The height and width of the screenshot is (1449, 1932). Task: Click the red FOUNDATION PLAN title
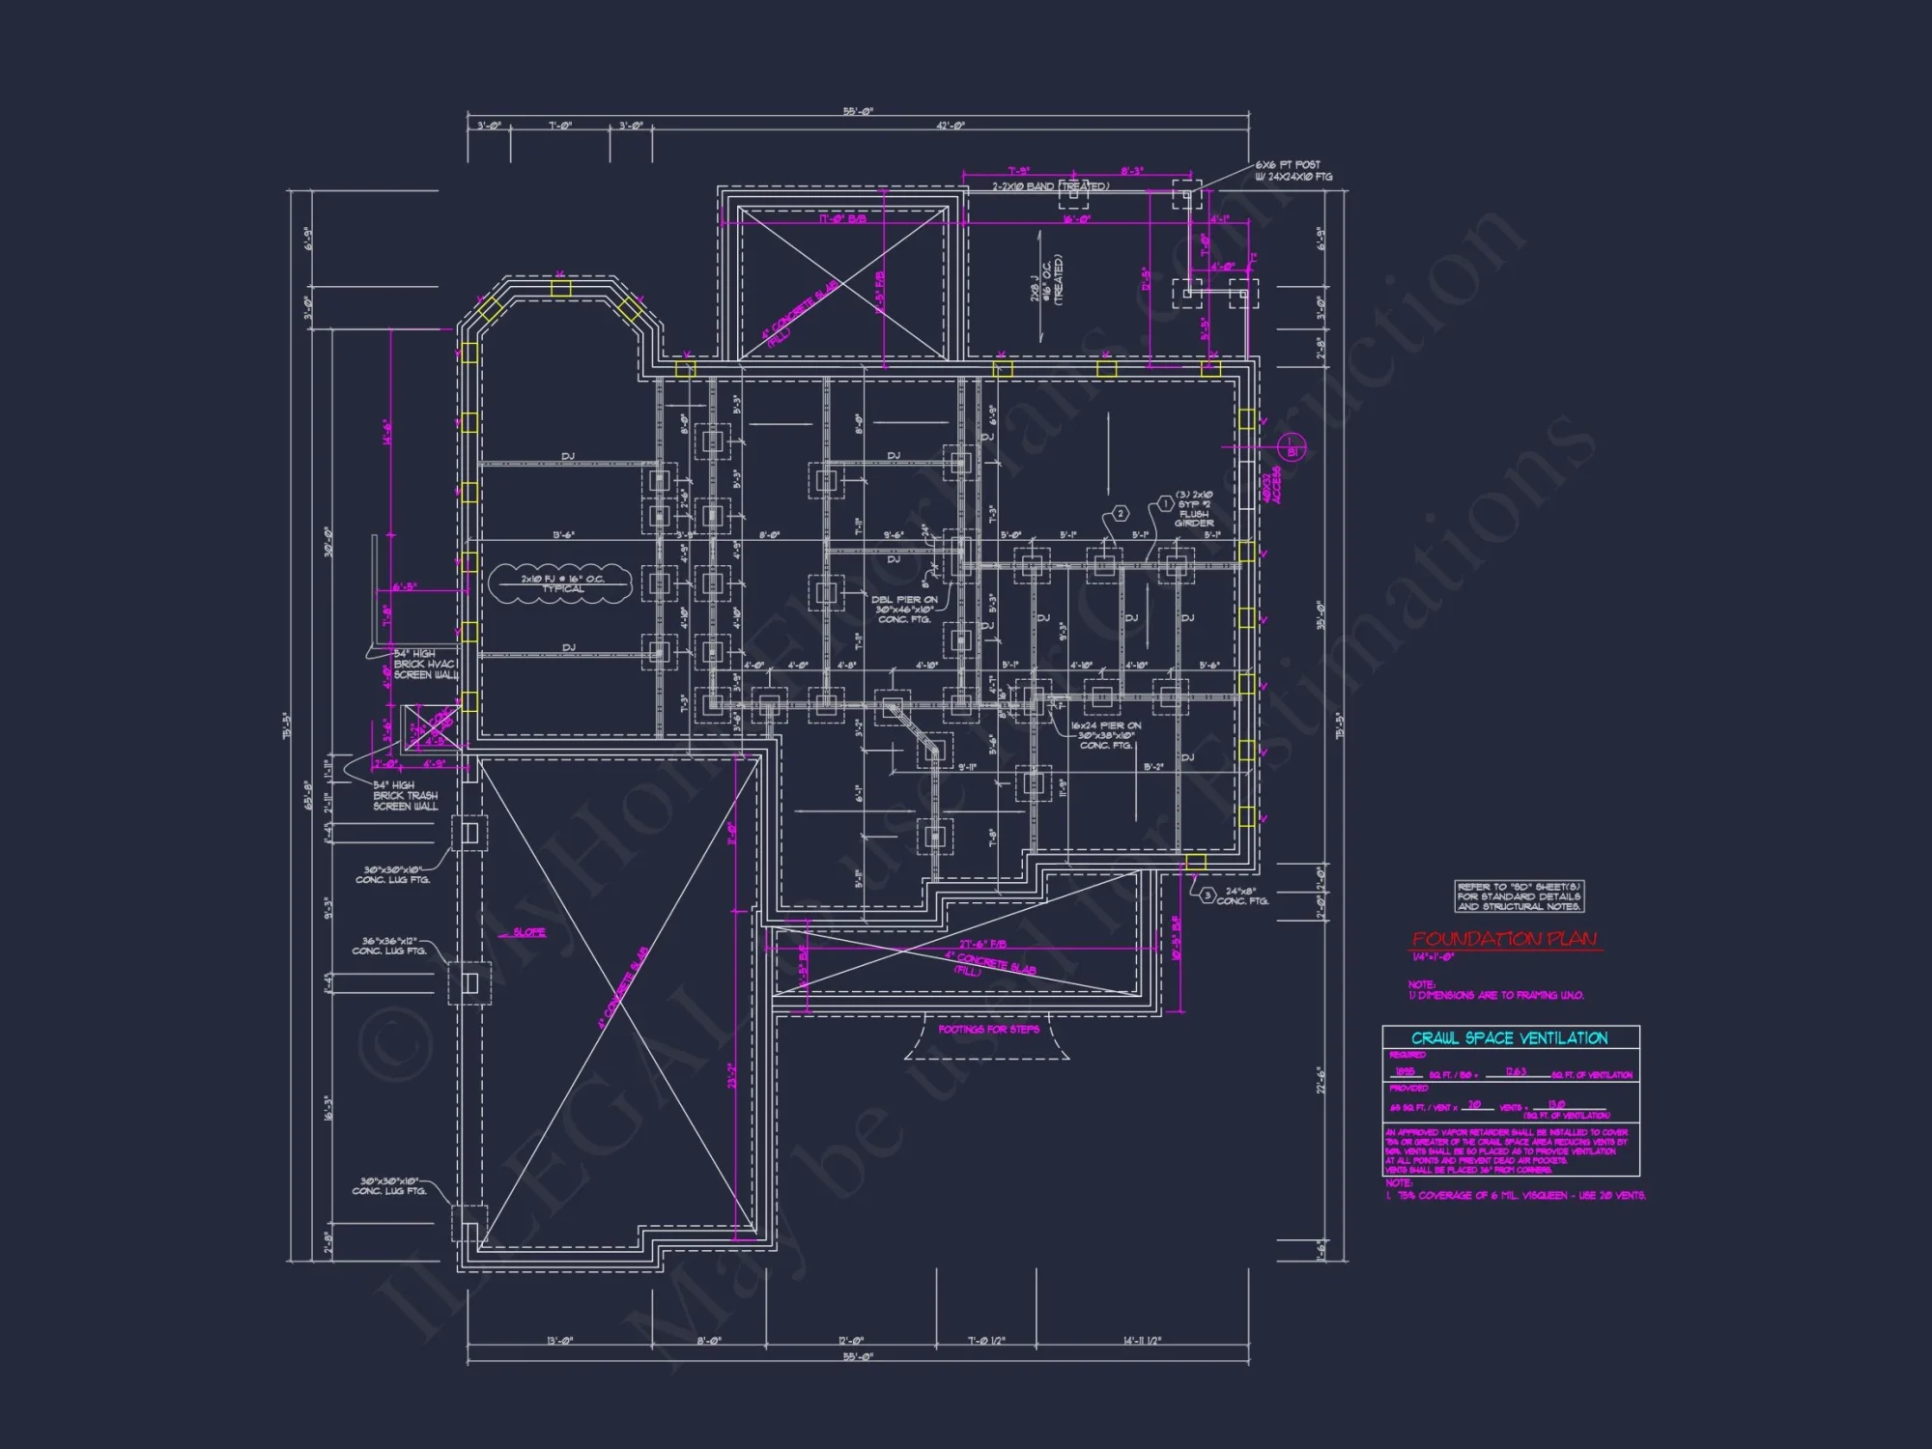coord(1504,939)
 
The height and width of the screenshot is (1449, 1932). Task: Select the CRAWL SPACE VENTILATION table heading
coord(1509,1038)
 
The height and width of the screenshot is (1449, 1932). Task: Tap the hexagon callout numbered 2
coord(1121,513)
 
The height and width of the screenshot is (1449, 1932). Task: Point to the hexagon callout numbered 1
coord(1165,504)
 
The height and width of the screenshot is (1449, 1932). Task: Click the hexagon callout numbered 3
coord(1207,895)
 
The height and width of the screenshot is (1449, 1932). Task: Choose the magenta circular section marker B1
coord(1293,450)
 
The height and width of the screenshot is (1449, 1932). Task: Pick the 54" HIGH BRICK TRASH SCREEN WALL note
coord(405,796)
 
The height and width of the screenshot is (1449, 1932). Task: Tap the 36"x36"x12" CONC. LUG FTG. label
coord(388,946)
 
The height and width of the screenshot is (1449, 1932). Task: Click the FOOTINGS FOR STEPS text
coord(988,1030)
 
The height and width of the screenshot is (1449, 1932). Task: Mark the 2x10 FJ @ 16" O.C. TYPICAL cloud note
coord(561,583)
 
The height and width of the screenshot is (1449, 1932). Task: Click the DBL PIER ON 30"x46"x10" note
coord(904,610)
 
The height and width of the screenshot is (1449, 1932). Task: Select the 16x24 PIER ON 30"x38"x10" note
coord(1105,735)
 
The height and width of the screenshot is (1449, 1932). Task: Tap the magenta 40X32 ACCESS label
coord(1271,486)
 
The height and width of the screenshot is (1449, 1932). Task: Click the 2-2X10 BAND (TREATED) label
coord(1051,186)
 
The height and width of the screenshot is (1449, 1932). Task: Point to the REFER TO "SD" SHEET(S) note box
coord(1519,896)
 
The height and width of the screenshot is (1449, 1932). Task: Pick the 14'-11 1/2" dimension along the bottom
coord(1142,1341)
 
